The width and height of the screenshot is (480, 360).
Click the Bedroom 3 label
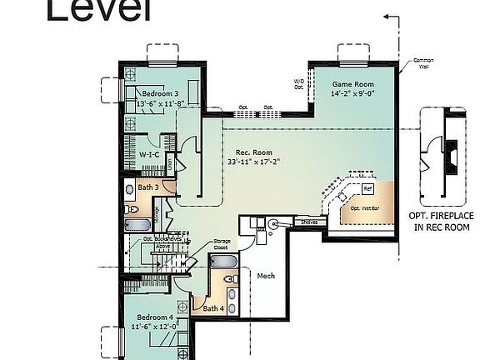(x=158, y=92)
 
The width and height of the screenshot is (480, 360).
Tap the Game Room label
(x=352, y=85)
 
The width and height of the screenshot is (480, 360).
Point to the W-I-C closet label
(x=149, y=154)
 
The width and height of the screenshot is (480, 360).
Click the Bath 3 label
(x=149, y=187)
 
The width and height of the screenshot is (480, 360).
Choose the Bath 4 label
(x=213, y=308)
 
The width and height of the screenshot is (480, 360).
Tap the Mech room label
(x=266, y=276)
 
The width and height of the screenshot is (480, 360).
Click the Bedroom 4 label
(x=154, y=317)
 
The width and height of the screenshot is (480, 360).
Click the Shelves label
(x=309, y=222)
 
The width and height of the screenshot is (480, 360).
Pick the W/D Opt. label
(x=298, y=83)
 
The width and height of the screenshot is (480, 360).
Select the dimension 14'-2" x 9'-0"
(x=352, y=94)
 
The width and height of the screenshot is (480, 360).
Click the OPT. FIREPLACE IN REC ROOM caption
(x=442, y=220)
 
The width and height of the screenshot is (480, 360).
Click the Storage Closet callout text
(x=221, y=243)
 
